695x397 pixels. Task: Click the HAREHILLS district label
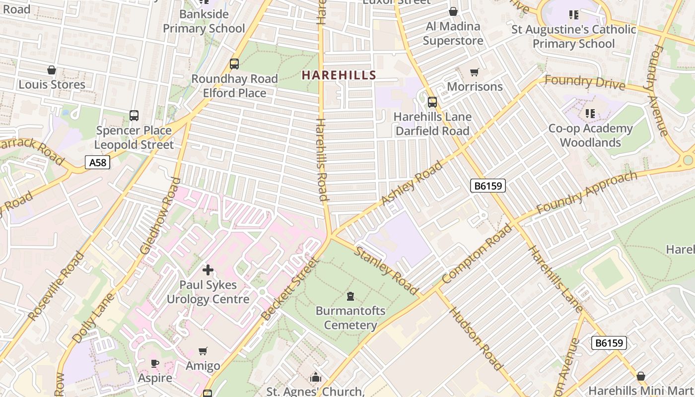point(339,75)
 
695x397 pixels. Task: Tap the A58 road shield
point(97,162)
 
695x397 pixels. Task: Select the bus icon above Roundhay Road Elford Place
point(234,64)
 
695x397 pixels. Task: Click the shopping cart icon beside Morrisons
point(475,72)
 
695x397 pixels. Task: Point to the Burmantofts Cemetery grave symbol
point(351,297)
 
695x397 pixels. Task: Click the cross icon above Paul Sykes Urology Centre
point(208,270)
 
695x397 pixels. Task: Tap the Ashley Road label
point(412,184)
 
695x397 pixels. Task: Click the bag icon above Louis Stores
point(52,70)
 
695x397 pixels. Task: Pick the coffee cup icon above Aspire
point(155,364)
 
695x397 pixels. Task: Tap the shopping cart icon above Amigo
point(203,351)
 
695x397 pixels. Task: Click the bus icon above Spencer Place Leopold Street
point(134,116)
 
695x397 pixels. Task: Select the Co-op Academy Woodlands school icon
point(590,114)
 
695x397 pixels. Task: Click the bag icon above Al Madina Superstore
point(453,11)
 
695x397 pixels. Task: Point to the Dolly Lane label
point(93,318)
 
